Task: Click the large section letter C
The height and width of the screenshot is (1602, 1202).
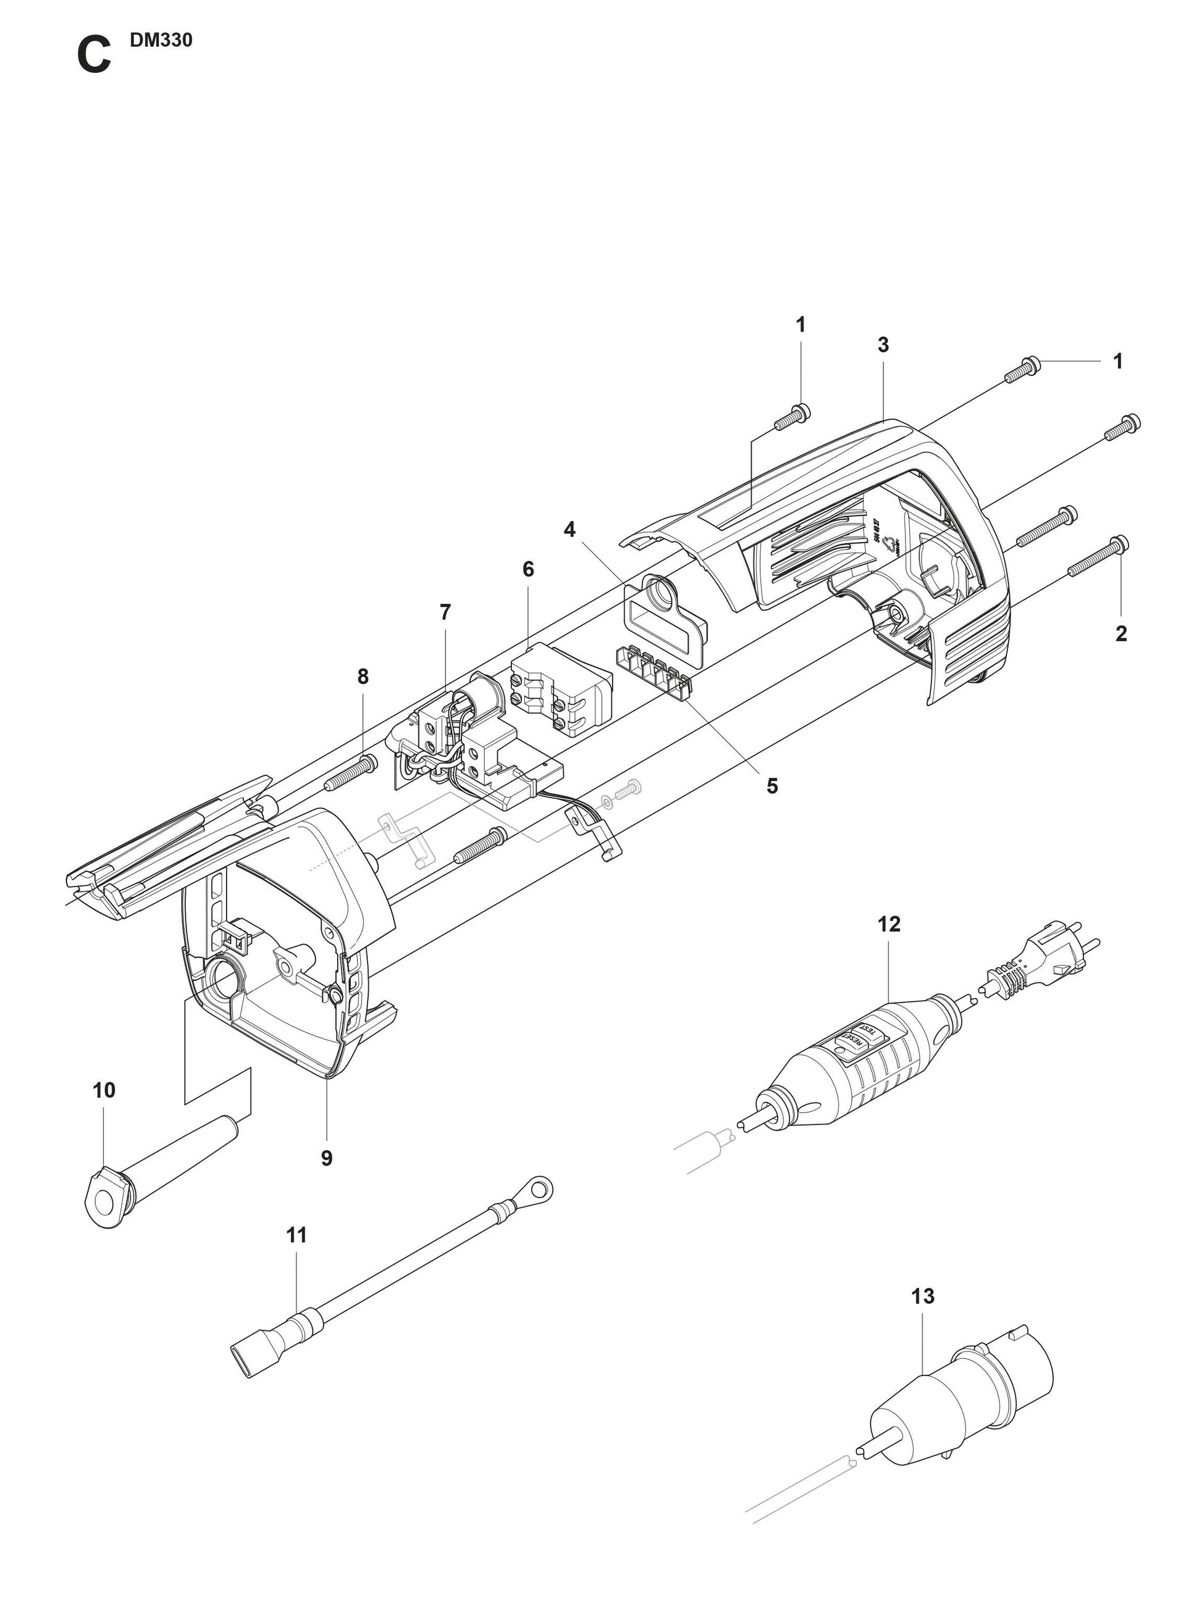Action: click(x=93, y=57)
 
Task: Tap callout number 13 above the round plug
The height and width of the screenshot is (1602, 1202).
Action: click(x=922, y=1295)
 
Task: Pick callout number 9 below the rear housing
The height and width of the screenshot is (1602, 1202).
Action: click(x=327, y=1158)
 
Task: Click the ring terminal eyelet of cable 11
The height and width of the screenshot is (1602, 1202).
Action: click(x=537, y=1188)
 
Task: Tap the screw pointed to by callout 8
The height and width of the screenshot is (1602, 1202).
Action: click(x=351, y=772)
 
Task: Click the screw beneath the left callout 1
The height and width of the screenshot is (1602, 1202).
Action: click(x=792, y=417)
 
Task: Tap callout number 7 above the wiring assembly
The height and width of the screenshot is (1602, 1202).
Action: click(x=445, y=612)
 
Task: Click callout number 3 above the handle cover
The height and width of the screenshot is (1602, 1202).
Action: click(x=883, y=346)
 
